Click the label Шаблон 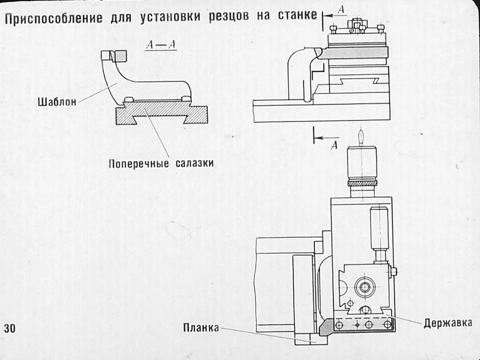coord(57,102)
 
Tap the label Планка coord(201,328)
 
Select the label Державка coord(448,323)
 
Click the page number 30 coord(10,328)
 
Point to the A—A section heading coord(161,45)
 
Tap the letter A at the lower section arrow coord(334,145)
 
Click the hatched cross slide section coord(162,112)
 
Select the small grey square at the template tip coord(120,56)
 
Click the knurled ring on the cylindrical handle coord(362,182)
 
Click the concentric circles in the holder coord(363,287)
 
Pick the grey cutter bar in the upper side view coord(356,52)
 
